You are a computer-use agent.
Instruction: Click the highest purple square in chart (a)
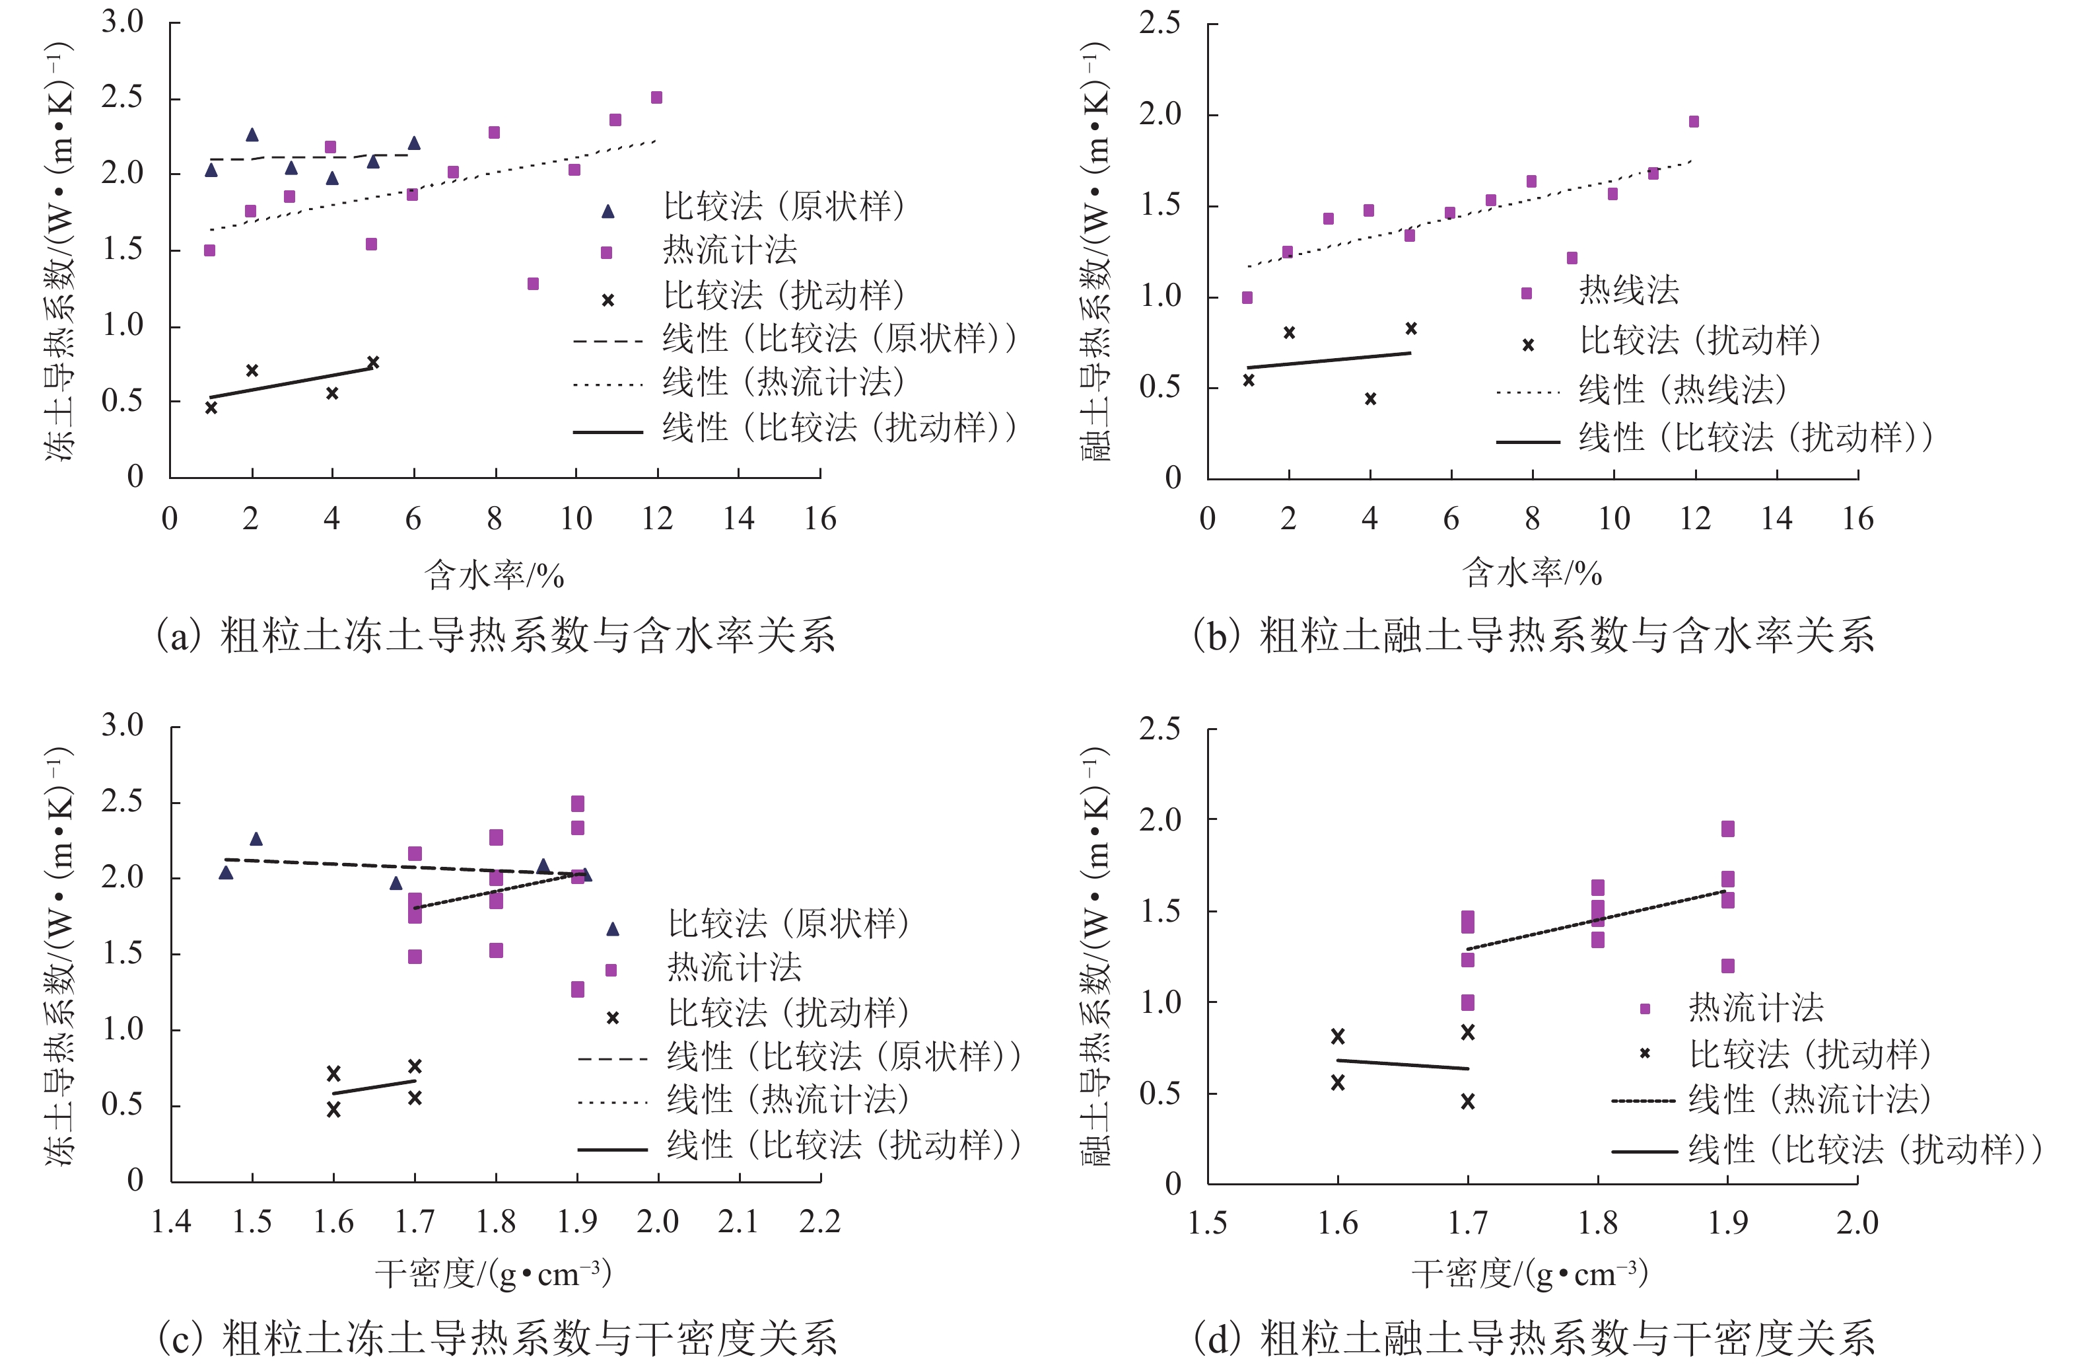656,98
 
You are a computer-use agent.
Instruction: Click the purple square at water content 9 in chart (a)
533,284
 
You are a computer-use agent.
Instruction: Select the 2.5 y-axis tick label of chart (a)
122,97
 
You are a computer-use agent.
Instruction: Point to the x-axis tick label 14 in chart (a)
738,519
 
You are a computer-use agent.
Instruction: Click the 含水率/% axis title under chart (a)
494,575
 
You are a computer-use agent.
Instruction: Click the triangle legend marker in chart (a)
608,211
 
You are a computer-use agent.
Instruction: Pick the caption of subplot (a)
495,636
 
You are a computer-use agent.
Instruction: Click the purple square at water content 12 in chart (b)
1694,122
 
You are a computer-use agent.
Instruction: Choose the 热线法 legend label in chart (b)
1628,290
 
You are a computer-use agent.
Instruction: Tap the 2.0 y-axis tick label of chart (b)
1160,114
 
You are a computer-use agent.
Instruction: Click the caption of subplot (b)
1534,636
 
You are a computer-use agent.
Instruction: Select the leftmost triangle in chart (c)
225,872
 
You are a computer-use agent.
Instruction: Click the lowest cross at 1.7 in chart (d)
1467,1102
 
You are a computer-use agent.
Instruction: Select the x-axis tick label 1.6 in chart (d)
1337,1223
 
